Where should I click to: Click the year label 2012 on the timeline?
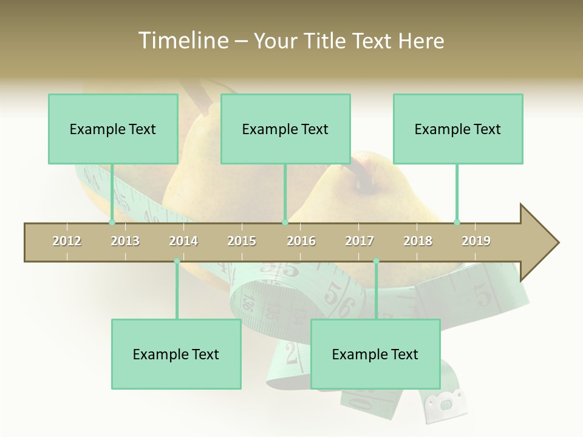point(67,241)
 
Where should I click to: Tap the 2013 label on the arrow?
point(125,241)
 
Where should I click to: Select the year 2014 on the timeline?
point(183,241)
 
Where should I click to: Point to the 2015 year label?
point(242,241)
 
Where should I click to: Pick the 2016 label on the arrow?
point(301,241)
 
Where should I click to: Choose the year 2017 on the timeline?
point(360,241)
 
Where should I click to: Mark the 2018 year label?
point(418,241)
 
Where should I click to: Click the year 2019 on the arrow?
point(476,241)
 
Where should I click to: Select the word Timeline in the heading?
point(183,41)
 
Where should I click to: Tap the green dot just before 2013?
point(112,222)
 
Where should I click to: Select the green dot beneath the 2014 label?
point(177,261)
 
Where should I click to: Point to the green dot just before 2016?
point(285,222)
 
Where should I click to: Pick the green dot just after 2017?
point(376,261)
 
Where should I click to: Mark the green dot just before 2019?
point(457,222)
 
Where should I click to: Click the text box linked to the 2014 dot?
point(176,354)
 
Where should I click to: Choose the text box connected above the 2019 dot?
point(458,129)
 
